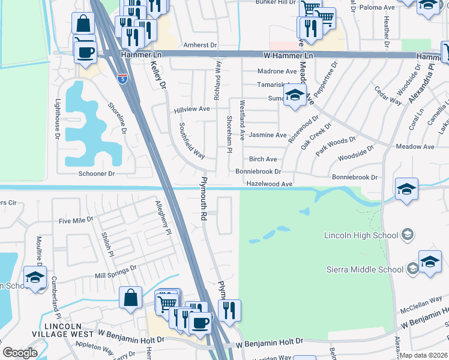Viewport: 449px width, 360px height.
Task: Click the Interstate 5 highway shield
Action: (x=122, y=78)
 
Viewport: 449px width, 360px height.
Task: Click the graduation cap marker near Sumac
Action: (x=294, y=96)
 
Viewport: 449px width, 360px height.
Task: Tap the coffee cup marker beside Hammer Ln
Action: (x=85, y=52)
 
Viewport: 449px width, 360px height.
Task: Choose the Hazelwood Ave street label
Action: (x=269, y=184)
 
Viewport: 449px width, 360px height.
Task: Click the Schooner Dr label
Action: (x=97, y=173)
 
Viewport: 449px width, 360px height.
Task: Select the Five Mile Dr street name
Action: (x=76, y=220)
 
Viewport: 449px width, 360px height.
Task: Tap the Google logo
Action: (x=20, y=353)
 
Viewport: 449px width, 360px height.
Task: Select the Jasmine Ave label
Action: (x=268, y=135)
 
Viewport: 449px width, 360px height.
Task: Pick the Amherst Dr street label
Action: (x=200, y=45)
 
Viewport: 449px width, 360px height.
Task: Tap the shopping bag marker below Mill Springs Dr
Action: (x=130, y=298)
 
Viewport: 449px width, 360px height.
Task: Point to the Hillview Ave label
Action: (x=191, y=109)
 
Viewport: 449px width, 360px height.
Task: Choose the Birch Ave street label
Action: (x=263, y=159)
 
